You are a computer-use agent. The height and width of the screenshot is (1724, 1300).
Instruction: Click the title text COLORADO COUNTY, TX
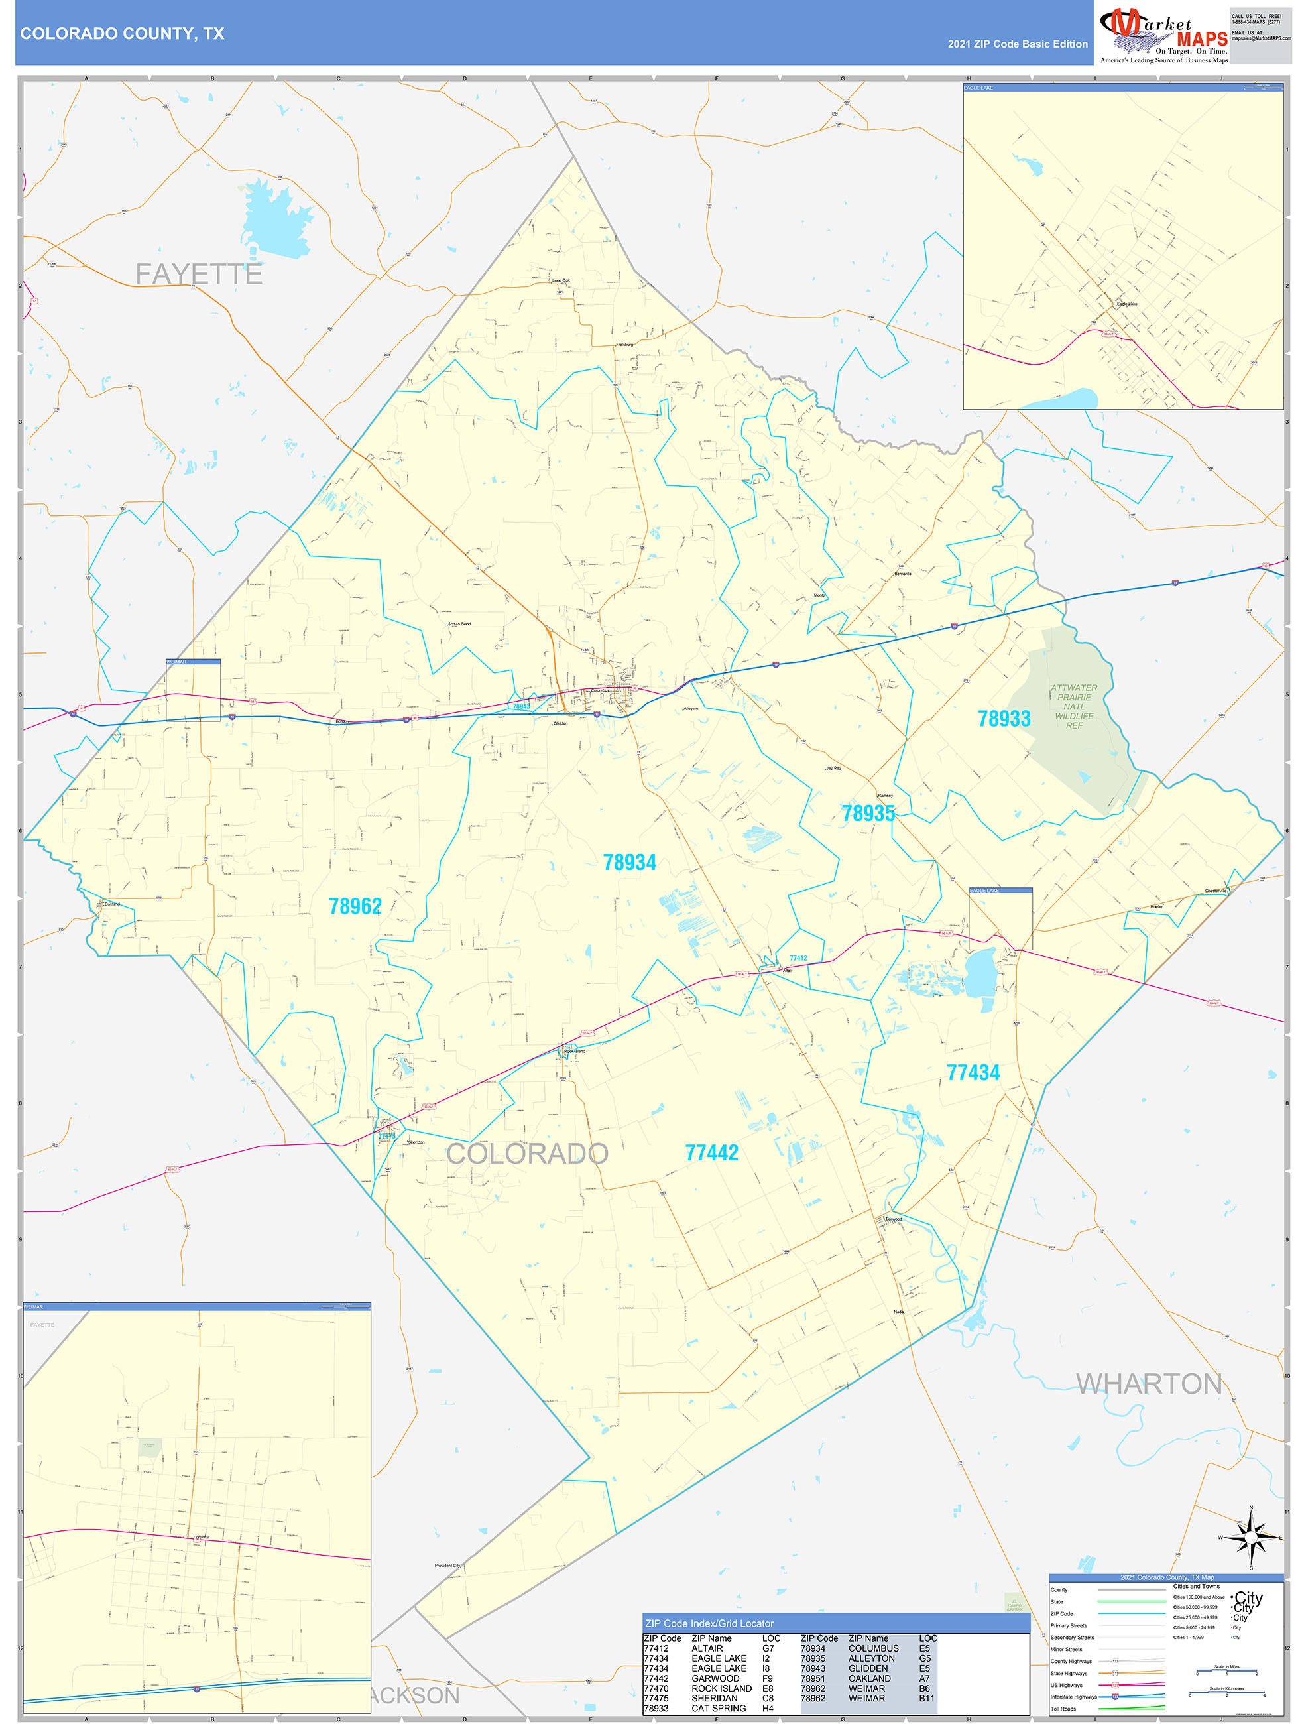point(123,34)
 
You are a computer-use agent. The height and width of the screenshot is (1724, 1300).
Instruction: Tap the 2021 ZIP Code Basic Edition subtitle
point(1017,44)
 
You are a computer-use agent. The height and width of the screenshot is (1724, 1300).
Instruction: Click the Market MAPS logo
point(1163,34)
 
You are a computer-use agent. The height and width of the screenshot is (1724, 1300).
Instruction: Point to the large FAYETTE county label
point(199,275)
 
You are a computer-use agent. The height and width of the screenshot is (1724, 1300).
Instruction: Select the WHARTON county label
point(1149,1383)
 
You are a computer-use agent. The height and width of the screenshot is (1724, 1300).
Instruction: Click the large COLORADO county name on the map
point(527,1154)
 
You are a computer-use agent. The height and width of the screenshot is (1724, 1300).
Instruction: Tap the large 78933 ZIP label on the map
point(1004,719)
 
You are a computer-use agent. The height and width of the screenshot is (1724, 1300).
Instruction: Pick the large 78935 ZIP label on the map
point(868,814)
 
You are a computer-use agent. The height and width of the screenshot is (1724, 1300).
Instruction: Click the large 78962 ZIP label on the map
point(355,906)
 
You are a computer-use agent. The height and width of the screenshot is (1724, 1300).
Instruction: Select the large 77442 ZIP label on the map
point(711,1154)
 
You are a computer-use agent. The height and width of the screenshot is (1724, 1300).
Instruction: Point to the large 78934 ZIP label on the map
point(630,863)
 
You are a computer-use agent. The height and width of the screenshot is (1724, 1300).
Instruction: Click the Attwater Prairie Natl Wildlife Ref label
point(1074,707)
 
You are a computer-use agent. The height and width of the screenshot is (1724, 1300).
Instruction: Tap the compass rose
point(1251,1538)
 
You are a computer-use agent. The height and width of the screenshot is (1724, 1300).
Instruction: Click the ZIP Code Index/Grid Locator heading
point(709,1623)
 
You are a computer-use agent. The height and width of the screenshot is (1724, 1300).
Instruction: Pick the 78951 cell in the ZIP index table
point(812,1679)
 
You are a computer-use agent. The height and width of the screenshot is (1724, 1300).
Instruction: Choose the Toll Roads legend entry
point(1063,1709)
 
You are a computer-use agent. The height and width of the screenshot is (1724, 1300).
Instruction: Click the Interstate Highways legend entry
point(1073,1697)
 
